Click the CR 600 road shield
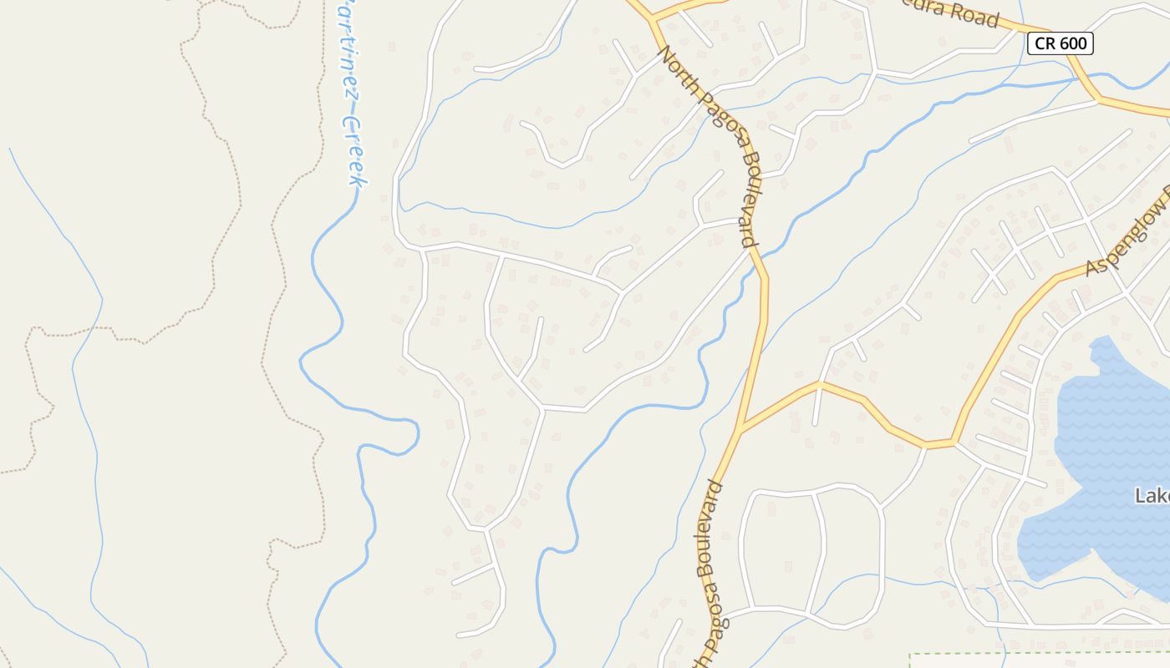coord(1060,43)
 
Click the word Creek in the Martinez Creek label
coord(356,149)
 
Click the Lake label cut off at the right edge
coord(1152,496)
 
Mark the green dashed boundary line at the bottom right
coord(1036,654)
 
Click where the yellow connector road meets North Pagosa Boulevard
coord(740,431)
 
